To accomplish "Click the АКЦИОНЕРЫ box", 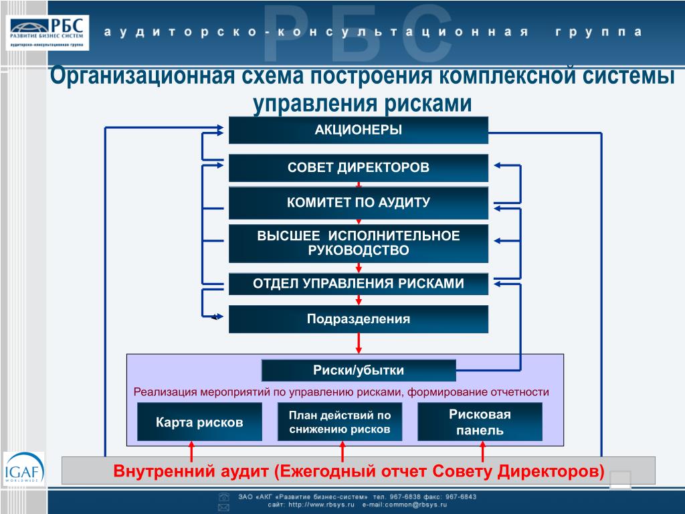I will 359,130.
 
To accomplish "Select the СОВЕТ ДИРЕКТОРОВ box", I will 359,167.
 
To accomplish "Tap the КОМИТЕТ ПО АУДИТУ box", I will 359,203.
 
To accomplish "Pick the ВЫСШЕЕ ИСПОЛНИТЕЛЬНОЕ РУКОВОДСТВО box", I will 359,244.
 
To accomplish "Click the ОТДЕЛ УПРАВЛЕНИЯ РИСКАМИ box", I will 359,284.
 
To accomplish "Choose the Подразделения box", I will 359,319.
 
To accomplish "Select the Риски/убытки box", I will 359,370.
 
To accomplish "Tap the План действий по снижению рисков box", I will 340,422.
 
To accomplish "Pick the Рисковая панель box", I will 480,422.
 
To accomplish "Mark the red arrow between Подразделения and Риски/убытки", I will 359,342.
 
